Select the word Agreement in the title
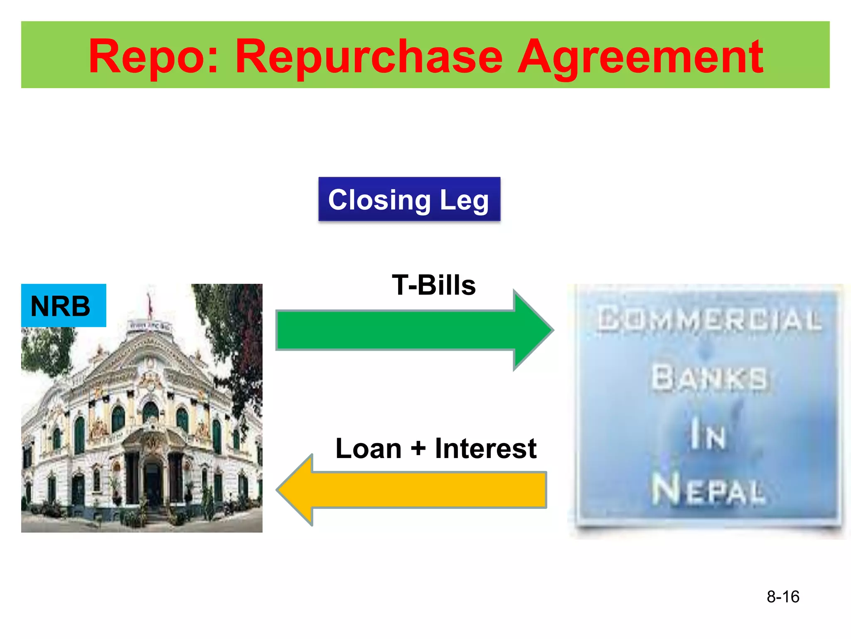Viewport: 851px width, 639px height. tap(640, 57)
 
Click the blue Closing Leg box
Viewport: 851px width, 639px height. tap(409, 199)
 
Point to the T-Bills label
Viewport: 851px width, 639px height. tap(433, 285)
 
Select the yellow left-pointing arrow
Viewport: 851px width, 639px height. tap(416, 490)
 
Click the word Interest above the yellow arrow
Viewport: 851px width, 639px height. tap(485, 449)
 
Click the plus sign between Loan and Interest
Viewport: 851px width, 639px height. tap(418, 449)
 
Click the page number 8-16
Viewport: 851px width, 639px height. tap(783, 597)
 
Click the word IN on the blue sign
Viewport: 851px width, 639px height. tap(708, 435)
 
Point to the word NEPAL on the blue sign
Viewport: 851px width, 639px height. tap(708, 490)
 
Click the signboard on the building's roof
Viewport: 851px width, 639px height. tap(149, 326)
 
